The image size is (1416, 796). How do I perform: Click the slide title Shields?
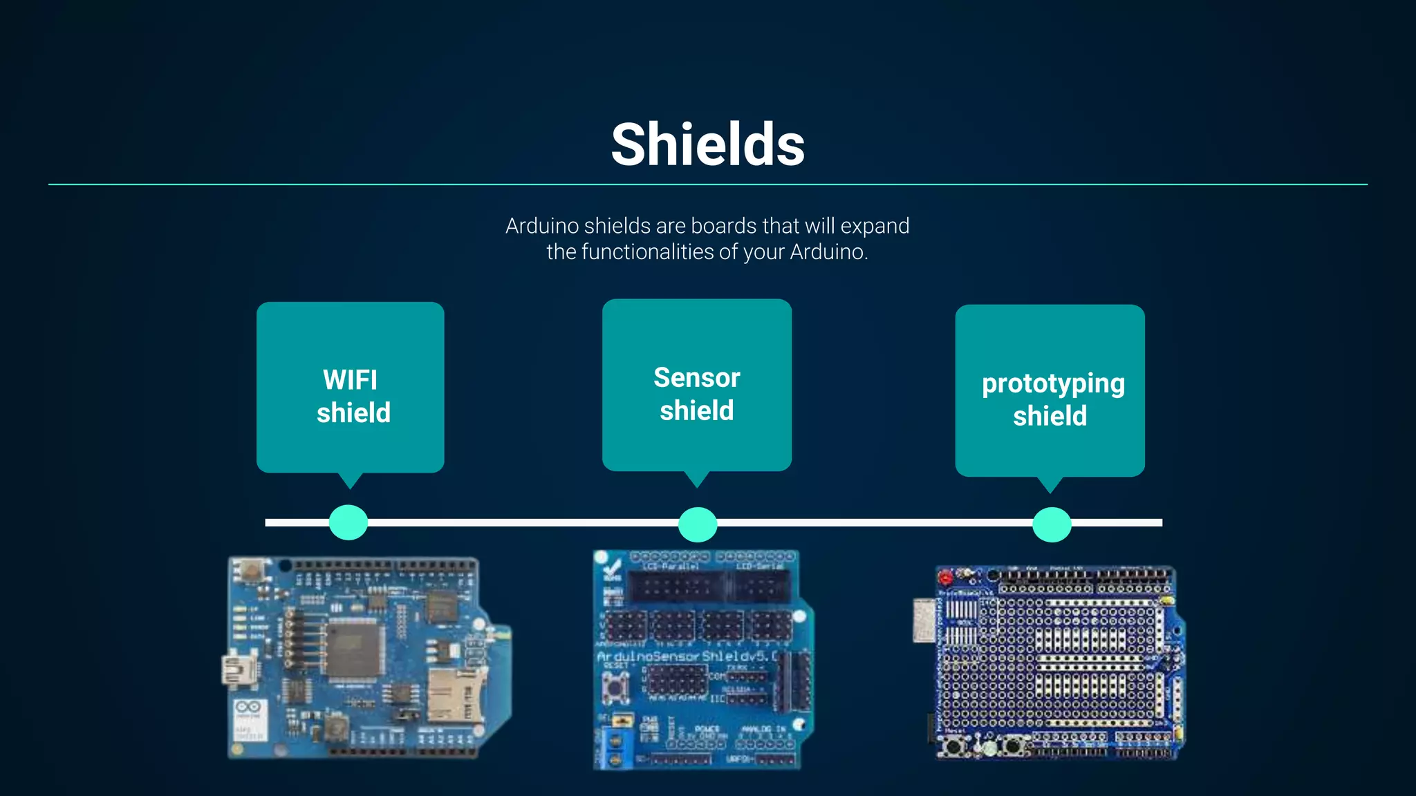pos(708,144)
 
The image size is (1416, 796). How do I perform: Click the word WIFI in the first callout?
pos(350,380)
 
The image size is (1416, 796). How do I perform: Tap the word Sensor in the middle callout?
pos(696,378)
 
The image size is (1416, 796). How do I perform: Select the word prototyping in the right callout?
pos(1053,384)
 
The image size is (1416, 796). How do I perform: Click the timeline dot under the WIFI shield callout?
pos(348,522)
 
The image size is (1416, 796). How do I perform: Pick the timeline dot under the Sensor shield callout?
pos(698,524)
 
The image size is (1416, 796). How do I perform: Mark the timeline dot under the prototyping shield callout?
pos(1052,524)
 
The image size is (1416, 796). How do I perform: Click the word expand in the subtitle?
pos(875,227)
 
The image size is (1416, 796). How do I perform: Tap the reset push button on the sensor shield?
pos(615,687)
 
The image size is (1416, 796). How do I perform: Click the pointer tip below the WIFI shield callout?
pos(351,486)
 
